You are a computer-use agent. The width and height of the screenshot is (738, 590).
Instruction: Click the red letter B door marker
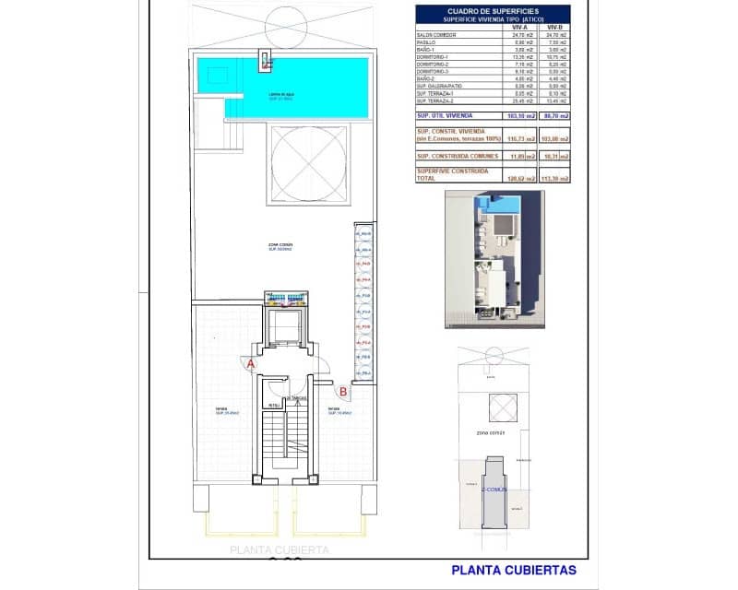(x=342, y=391)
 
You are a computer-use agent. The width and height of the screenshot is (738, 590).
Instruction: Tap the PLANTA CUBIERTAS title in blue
(x=514, y=570)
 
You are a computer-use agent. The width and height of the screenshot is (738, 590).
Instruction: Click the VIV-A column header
(x=519, y=28)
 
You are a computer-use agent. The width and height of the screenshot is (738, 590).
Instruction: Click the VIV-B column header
(x=555, y=28)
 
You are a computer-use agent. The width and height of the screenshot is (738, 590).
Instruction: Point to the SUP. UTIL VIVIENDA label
(x=446, y=115)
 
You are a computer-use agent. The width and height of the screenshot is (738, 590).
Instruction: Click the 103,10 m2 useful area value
(x=521, y=115)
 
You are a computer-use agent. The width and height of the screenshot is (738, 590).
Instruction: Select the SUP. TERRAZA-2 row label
(x=437, y=100)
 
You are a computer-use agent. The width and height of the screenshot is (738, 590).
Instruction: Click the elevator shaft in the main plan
(x=288, y=327)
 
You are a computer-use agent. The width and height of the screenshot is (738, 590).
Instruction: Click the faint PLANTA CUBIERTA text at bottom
(x=279, y=550)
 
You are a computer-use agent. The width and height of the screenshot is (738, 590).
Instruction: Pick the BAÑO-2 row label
(x=430, y=78)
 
